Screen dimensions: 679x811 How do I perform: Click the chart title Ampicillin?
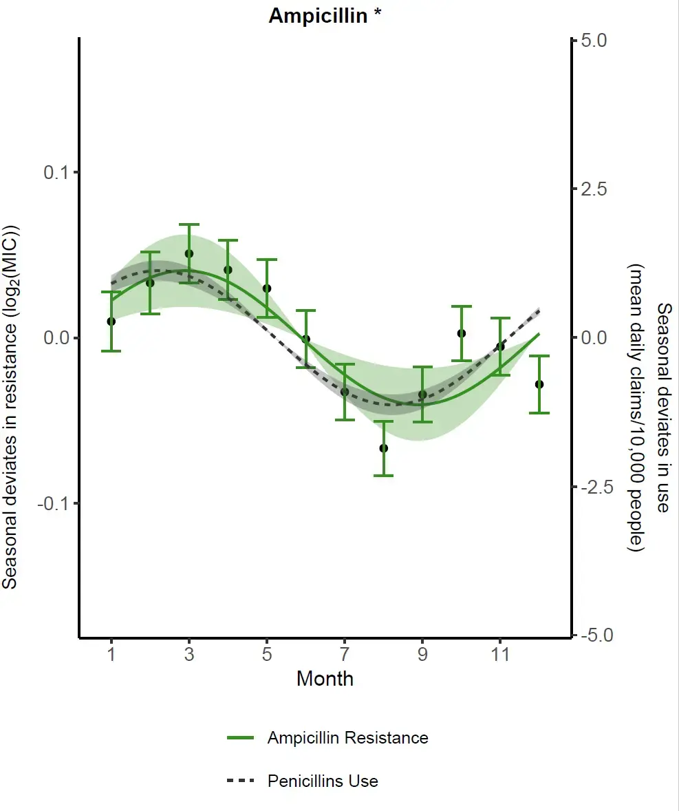(318, 16)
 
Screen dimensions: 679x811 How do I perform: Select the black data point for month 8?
(383, 448)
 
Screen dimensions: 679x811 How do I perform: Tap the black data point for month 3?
(189, 253)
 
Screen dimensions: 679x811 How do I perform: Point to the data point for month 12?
(539, 384)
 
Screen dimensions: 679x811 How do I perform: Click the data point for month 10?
(462, 334)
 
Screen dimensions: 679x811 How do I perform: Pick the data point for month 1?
(111, 322)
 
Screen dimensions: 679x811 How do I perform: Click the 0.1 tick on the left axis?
(56, 173)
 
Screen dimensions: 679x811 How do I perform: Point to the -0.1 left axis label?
(53, 503)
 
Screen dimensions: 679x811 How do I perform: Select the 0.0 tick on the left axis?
(56, 338)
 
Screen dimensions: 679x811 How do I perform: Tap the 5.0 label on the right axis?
(594, 41)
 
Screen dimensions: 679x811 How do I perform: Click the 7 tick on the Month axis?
(345, 654)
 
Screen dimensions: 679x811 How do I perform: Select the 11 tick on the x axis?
(500, 654)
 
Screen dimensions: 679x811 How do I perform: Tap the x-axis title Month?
(325, 679)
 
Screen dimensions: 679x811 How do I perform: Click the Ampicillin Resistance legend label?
(348, 737)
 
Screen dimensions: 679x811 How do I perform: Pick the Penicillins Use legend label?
(323, 781)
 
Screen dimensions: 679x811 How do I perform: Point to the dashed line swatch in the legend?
(240, 781)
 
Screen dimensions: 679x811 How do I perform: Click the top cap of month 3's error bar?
(189, 224)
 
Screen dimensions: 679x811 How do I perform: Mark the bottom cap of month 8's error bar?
(383, 475)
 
